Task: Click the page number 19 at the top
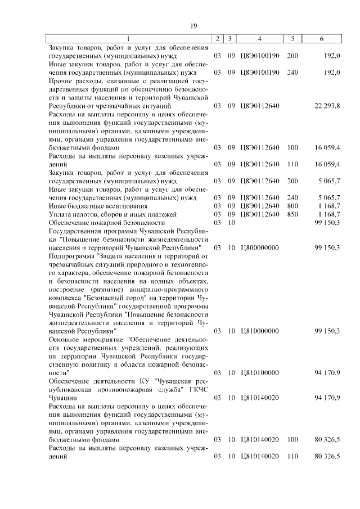click(193, 26)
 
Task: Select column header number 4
click(259, 39)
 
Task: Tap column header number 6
click(321, 39)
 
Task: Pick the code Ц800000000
click(259, 247)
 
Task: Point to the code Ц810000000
click(259, 331)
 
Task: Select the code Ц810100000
click(259, 372)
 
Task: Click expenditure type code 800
click(292, 206)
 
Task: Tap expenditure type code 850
click(292, 214)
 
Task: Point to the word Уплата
click(60, 214)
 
